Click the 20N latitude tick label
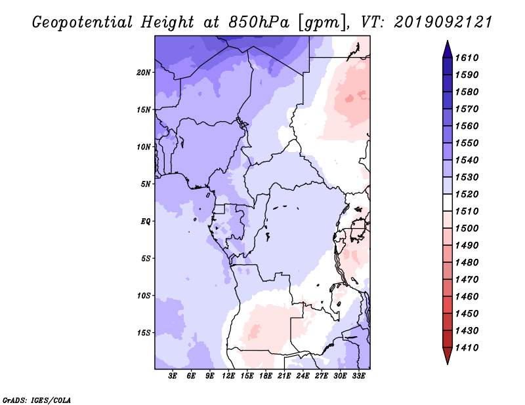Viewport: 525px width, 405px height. point(144,73)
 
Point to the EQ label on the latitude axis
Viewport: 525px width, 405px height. point(146,222)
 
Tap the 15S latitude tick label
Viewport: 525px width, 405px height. point(144,333)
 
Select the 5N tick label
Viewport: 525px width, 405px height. point(146,184)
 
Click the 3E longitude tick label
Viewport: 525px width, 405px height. point(173,376)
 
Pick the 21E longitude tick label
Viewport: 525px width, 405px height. point(284,376)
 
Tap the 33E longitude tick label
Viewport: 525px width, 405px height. point(358,376)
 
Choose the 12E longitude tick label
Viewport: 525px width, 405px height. point(228,376)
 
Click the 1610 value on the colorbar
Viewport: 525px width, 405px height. point(467,58)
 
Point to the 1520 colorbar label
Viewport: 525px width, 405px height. point(467,194)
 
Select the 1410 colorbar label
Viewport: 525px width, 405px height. point(467,348)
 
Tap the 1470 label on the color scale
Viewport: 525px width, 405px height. point(467,280)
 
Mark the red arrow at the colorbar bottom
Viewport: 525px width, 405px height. point(448,355)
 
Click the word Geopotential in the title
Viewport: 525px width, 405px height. point(83,22)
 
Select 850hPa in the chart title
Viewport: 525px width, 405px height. point(259,22)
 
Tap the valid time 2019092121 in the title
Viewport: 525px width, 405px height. point(443,22)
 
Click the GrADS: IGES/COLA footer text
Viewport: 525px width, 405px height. point(37,400)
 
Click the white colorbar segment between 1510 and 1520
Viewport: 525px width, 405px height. point(448,202)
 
